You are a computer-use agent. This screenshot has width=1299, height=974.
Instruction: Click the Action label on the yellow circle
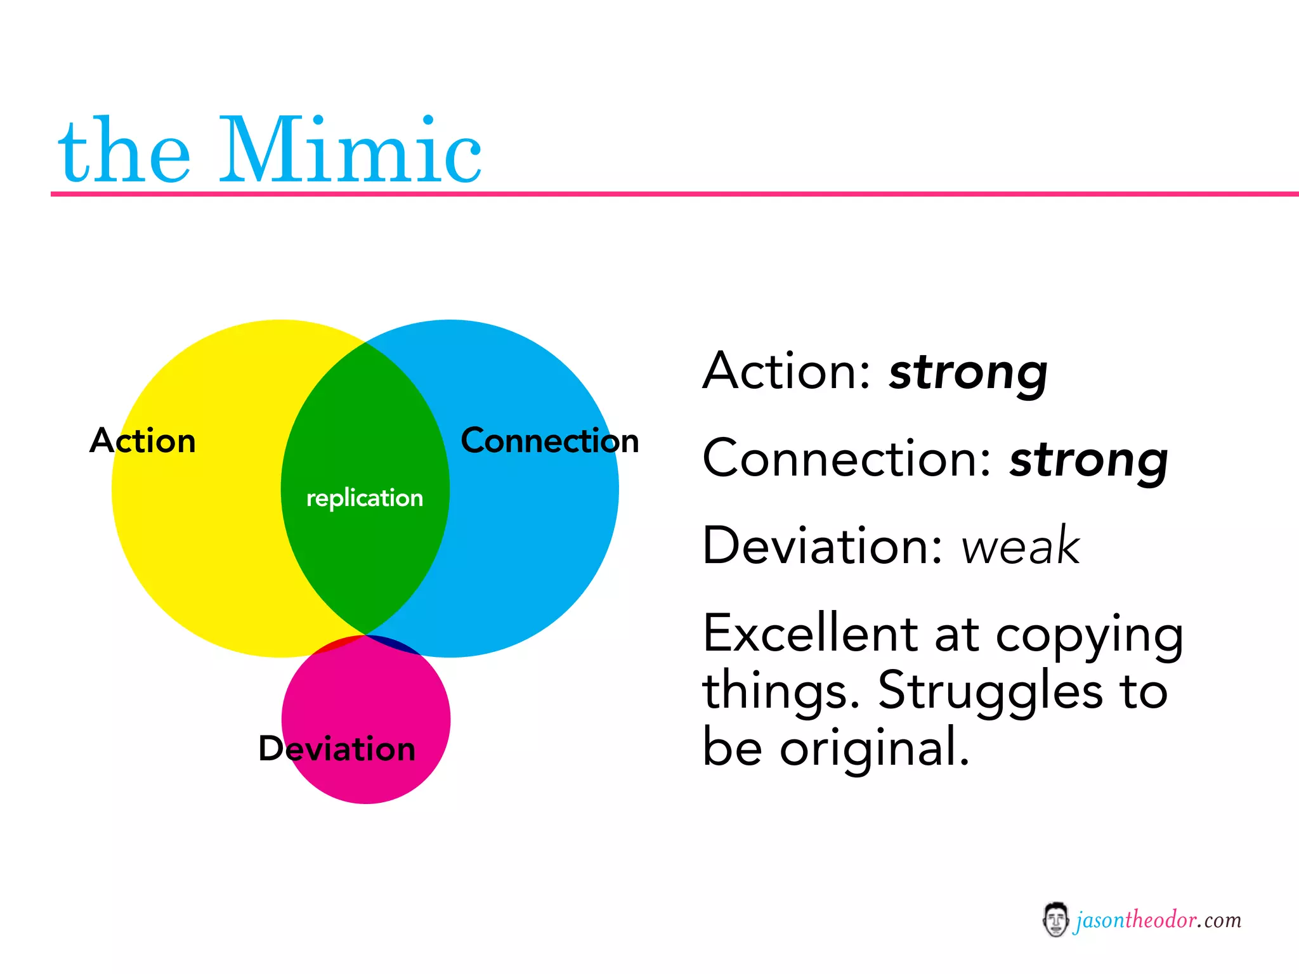pos(143,440)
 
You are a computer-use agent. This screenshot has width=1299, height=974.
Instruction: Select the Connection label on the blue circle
pos(549,440)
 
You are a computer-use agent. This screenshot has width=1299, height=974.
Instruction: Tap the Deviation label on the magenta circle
pos(337,748)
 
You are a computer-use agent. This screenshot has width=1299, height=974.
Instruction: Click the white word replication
pos(364,498)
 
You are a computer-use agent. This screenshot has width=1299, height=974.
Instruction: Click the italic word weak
pos(1020,546)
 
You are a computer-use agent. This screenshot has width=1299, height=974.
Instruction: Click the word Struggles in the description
pos(990,691)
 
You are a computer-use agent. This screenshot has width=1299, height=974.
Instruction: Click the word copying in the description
pos(1088,636)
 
